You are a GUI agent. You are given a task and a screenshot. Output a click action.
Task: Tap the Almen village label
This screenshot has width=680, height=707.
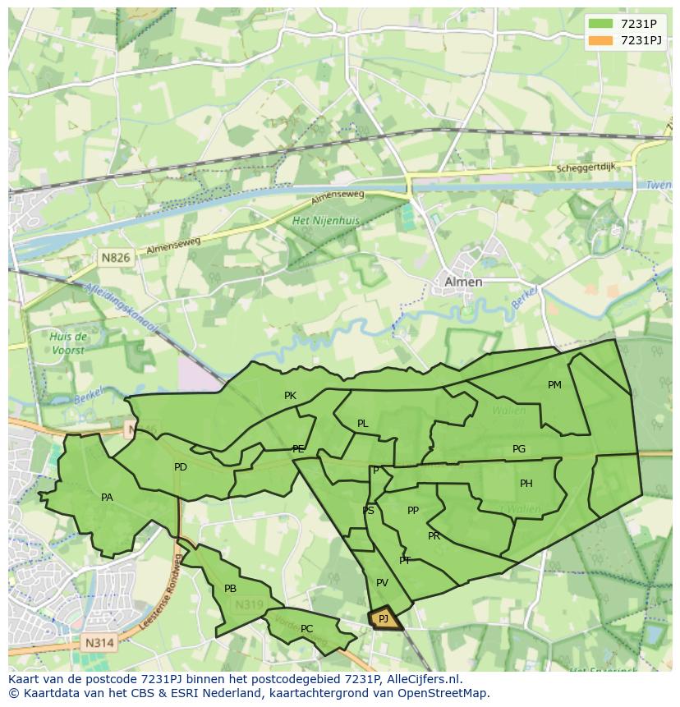point(463,282)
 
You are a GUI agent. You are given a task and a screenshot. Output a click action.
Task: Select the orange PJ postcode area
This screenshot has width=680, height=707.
point(384,618)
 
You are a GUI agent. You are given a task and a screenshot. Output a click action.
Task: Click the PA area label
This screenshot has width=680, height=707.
point(107,498)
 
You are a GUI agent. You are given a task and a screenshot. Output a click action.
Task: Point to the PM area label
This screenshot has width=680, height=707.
point(554,385)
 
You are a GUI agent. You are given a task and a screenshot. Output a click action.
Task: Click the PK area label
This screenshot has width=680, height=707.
point(290,396)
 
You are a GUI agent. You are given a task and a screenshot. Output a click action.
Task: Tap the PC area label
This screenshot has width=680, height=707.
point(306,629)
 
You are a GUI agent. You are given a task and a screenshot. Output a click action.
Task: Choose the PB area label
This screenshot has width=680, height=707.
point(230,589)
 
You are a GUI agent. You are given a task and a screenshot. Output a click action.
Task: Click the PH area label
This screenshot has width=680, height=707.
point(526,484)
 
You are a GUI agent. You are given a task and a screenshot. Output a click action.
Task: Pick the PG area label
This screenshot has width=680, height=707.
point(518,449)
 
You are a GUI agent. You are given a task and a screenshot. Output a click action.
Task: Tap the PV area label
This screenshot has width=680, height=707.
point(382,583)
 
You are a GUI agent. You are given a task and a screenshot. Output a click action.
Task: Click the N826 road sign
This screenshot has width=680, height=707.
point(116,258)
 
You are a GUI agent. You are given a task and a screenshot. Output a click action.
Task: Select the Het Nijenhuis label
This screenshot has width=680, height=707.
point(326,221)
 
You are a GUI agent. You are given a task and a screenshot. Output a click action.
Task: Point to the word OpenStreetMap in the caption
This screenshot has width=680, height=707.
point(447,693)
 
